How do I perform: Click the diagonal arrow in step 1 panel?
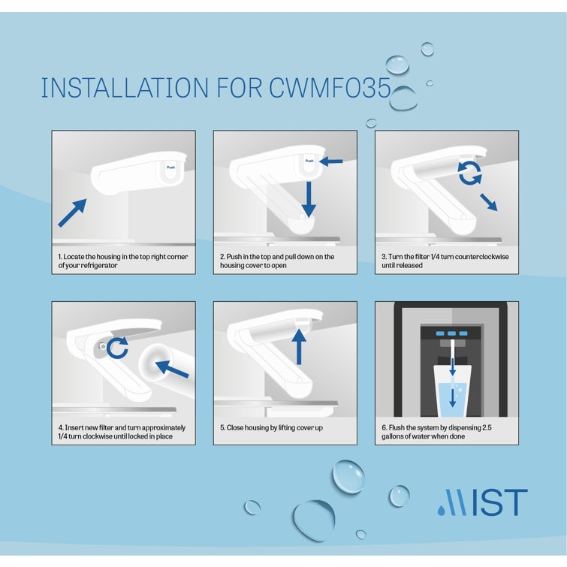click(72, 213)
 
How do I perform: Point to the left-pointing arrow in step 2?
click(330, 161)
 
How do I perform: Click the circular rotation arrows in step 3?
click(470, 172)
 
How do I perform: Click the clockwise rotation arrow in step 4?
click(117, 347)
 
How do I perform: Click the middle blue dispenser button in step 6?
click(451, 333)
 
